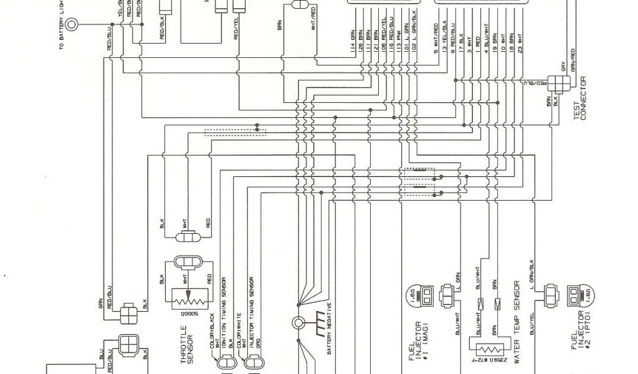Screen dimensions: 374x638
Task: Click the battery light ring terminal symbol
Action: pos(72,26)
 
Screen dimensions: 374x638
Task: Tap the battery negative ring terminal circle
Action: pos(298,323)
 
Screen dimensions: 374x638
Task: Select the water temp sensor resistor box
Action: pos(488,349)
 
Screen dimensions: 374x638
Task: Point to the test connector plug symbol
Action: pos(554,82)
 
